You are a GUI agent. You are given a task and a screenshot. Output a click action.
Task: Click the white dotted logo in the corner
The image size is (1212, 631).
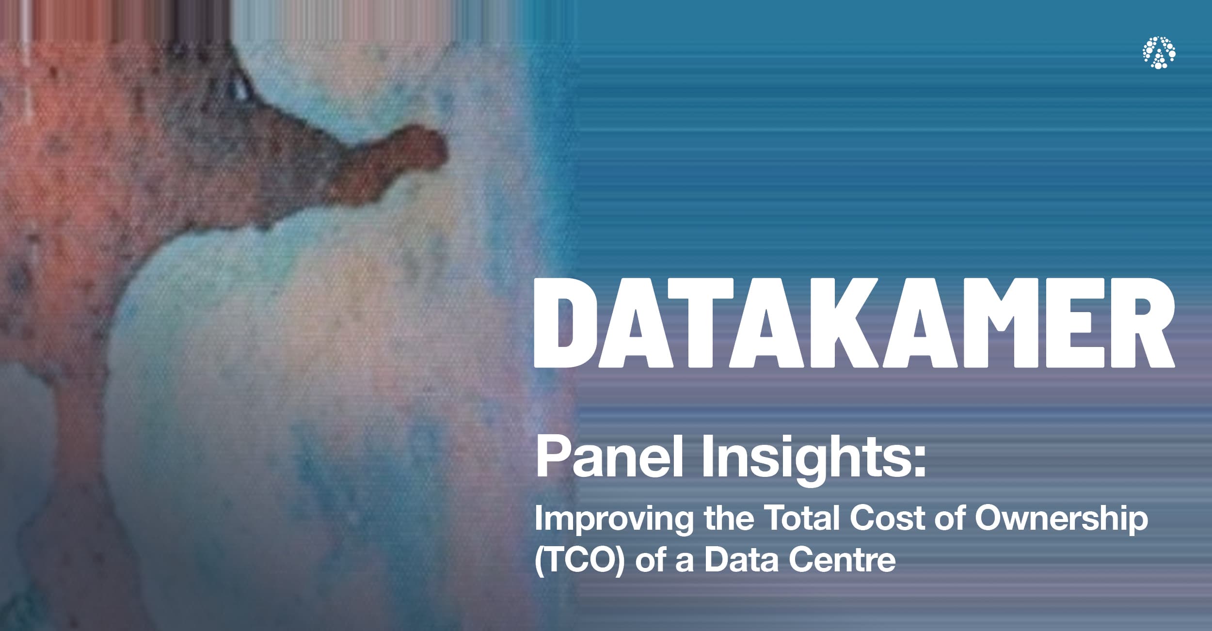tap(1159, 52)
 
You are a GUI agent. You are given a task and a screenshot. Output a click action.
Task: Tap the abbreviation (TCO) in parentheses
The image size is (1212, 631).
tap(579, 560)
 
